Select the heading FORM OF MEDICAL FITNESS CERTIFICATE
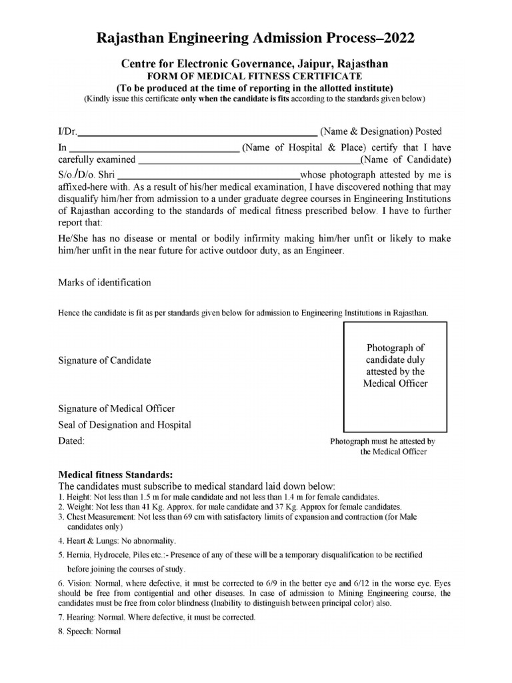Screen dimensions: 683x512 coord(255,76)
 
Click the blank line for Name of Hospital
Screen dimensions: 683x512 coord(154,147)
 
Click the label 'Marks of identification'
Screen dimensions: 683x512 coord(105,282)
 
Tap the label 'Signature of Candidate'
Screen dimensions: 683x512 coord(105,360)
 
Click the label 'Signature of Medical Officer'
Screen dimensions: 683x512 coord(117,408)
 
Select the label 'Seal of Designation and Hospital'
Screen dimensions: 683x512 coord(125,424)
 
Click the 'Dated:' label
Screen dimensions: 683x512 coord(72,441)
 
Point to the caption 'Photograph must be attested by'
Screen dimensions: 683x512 coord(383,442)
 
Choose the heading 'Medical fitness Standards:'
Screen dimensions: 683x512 coord(116,474)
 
